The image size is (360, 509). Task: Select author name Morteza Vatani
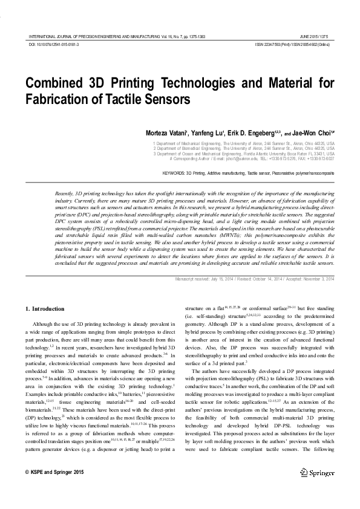(x=166, y=132)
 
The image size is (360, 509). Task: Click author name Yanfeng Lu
(x=206, y=132)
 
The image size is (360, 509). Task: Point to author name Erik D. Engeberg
(x=248, y=132)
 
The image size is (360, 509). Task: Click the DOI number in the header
(x=54, y=45)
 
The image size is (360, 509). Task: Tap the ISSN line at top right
(x=292, y=45)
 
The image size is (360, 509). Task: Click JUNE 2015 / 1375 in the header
(x=317, y=37)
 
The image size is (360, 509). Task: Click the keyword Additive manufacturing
(x=236, y=172)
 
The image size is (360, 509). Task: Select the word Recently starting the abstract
(x=65, y=192)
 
